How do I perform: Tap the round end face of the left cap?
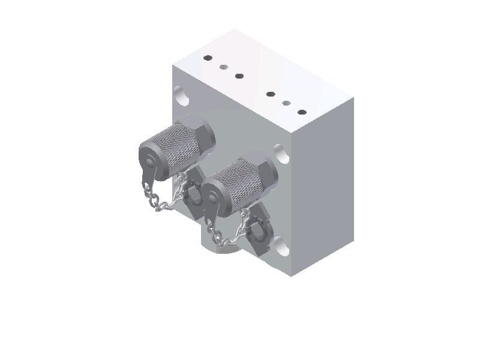(148, 163)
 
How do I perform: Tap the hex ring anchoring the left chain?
(194, 192)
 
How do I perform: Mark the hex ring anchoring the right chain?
(259, 228)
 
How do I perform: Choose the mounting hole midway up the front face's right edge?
(281, 154)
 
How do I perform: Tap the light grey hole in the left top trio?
(224, 67)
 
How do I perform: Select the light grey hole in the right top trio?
(287, 103)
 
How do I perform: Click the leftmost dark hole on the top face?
(208, 58)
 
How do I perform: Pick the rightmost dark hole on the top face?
(302, 112)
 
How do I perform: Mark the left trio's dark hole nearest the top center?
(239, 76)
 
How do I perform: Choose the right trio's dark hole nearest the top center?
(271, 94)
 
